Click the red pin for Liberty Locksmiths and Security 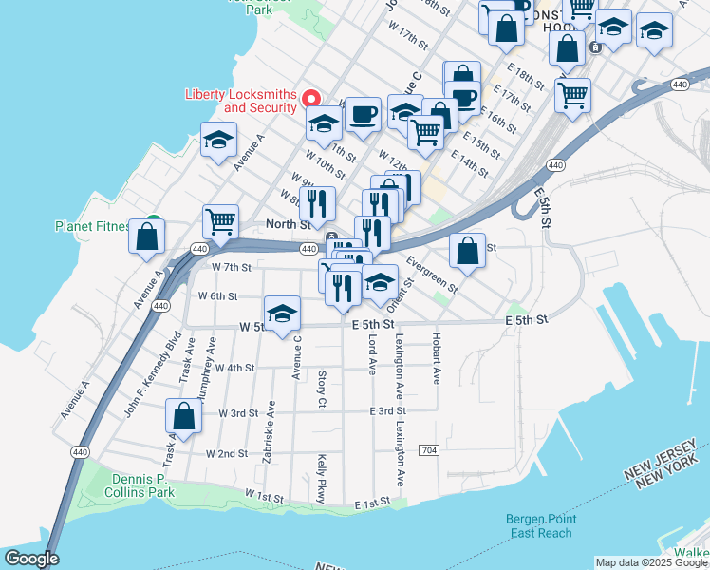pyautogui.click(x=310, y=98)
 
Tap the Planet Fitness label pyautogui.click(x=92, y=226)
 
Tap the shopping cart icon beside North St pyautogui.click(x=220, y=222)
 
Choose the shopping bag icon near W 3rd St pyautogui.click(x=183, y=416)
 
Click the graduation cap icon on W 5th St pyautogui.click(x=282, y=314)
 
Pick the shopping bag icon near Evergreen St pyautogui.click(x=467, y=251)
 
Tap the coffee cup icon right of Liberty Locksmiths pyautogui.click(x=363, y=114)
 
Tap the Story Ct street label pyautogui.click(x=322, y=390)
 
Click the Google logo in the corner pyautogui.click(x=31, y=559)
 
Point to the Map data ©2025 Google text pyautogui.click(x=650, y=562)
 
